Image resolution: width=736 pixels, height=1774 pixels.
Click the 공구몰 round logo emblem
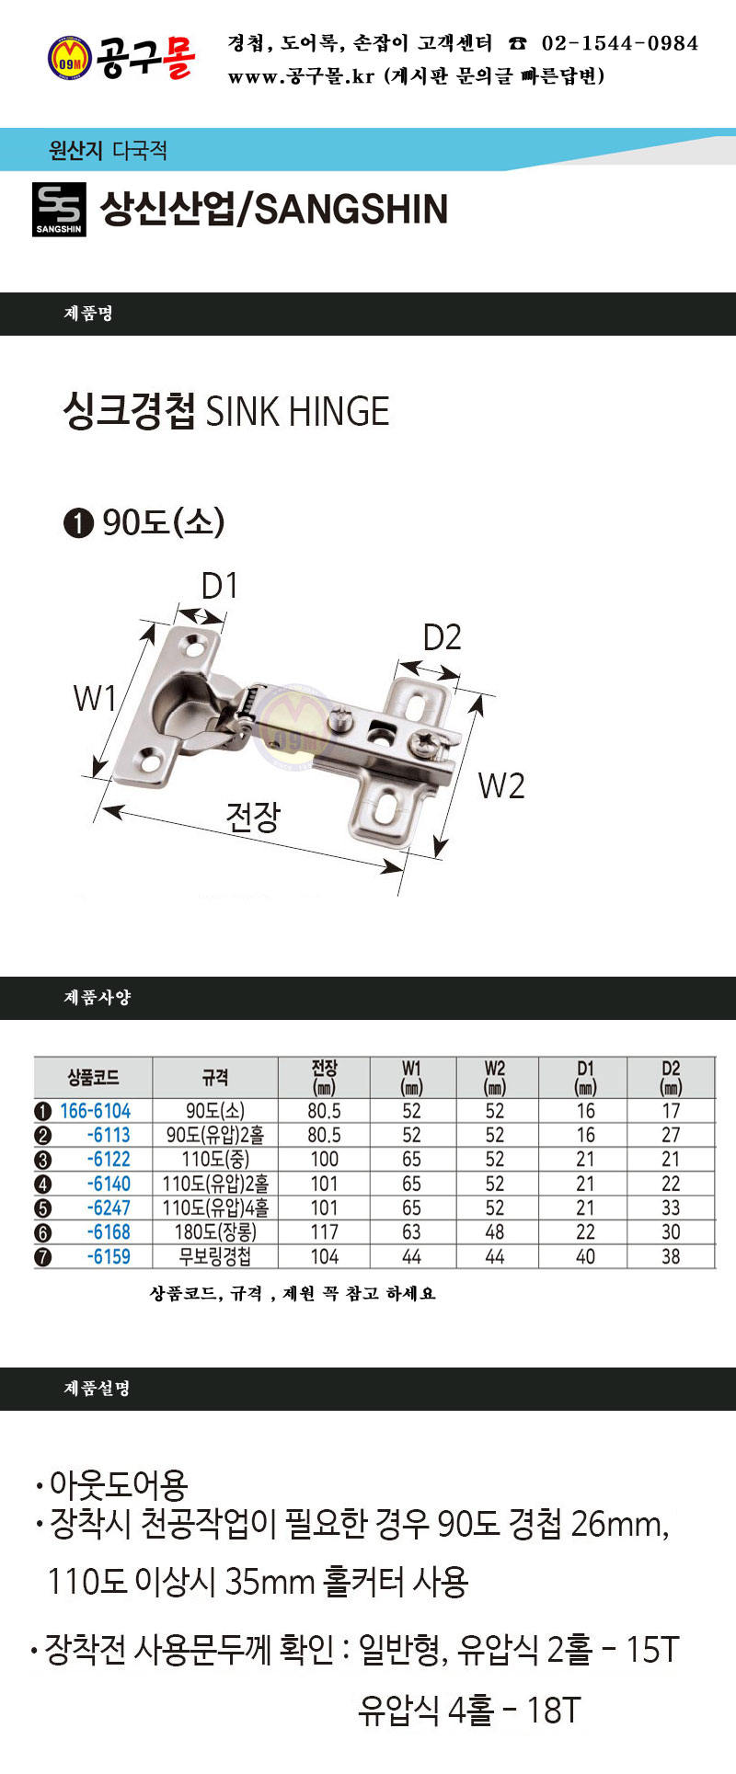pos(69,57)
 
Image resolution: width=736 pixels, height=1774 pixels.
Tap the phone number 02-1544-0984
pos(619,43)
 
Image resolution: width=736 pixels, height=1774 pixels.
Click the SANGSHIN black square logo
pos(59,210)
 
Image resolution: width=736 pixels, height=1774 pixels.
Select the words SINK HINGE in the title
pos(297,411)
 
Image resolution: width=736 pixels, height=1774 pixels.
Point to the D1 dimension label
pos(220,585)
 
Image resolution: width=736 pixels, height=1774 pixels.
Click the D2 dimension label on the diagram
pos(442,637)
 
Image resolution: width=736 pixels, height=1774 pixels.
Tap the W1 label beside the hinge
pos(95,698)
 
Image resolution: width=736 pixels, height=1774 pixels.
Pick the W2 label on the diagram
pos(501,786)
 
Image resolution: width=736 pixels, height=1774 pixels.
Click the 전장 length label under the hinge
pos(253,817)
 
